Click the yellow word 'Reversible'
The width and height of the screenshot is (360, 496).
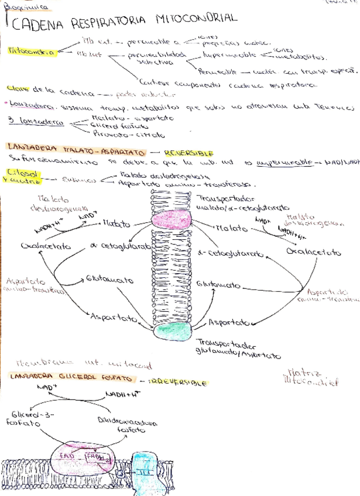tap(184, 153)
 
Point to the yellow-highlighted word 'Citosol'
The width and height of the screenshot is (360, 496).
tap(20, 173)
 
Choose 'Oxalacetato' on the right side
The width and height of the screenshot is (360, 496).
tap(314, 252)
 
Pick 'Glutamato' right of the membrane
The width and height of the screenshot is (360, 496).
tap(219, 285)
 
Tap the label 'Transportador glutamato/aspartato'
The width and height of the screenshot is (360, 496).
tap(237, 349)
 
